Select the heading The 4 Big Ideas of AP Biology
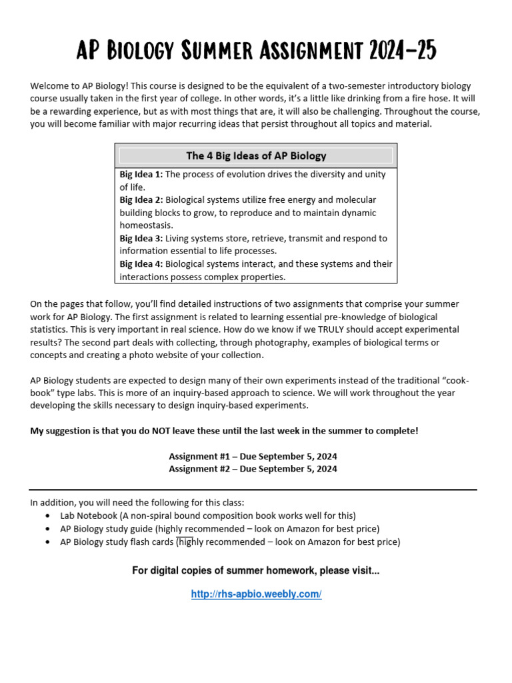tap(256, 156)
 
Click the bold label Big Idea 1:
tap(141, 175)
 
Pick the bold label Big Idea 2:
tap(141, 200)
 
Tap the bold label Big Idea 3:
tap(141, 238)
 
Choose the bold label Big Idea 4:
tap(141, 264)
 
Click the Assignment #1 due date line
tap(253, 456)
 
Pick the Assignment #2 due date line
tap(253, 469)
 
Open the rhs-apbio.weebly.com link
tap(256, 594)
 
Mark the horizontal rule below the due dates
tap(253, 490)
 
